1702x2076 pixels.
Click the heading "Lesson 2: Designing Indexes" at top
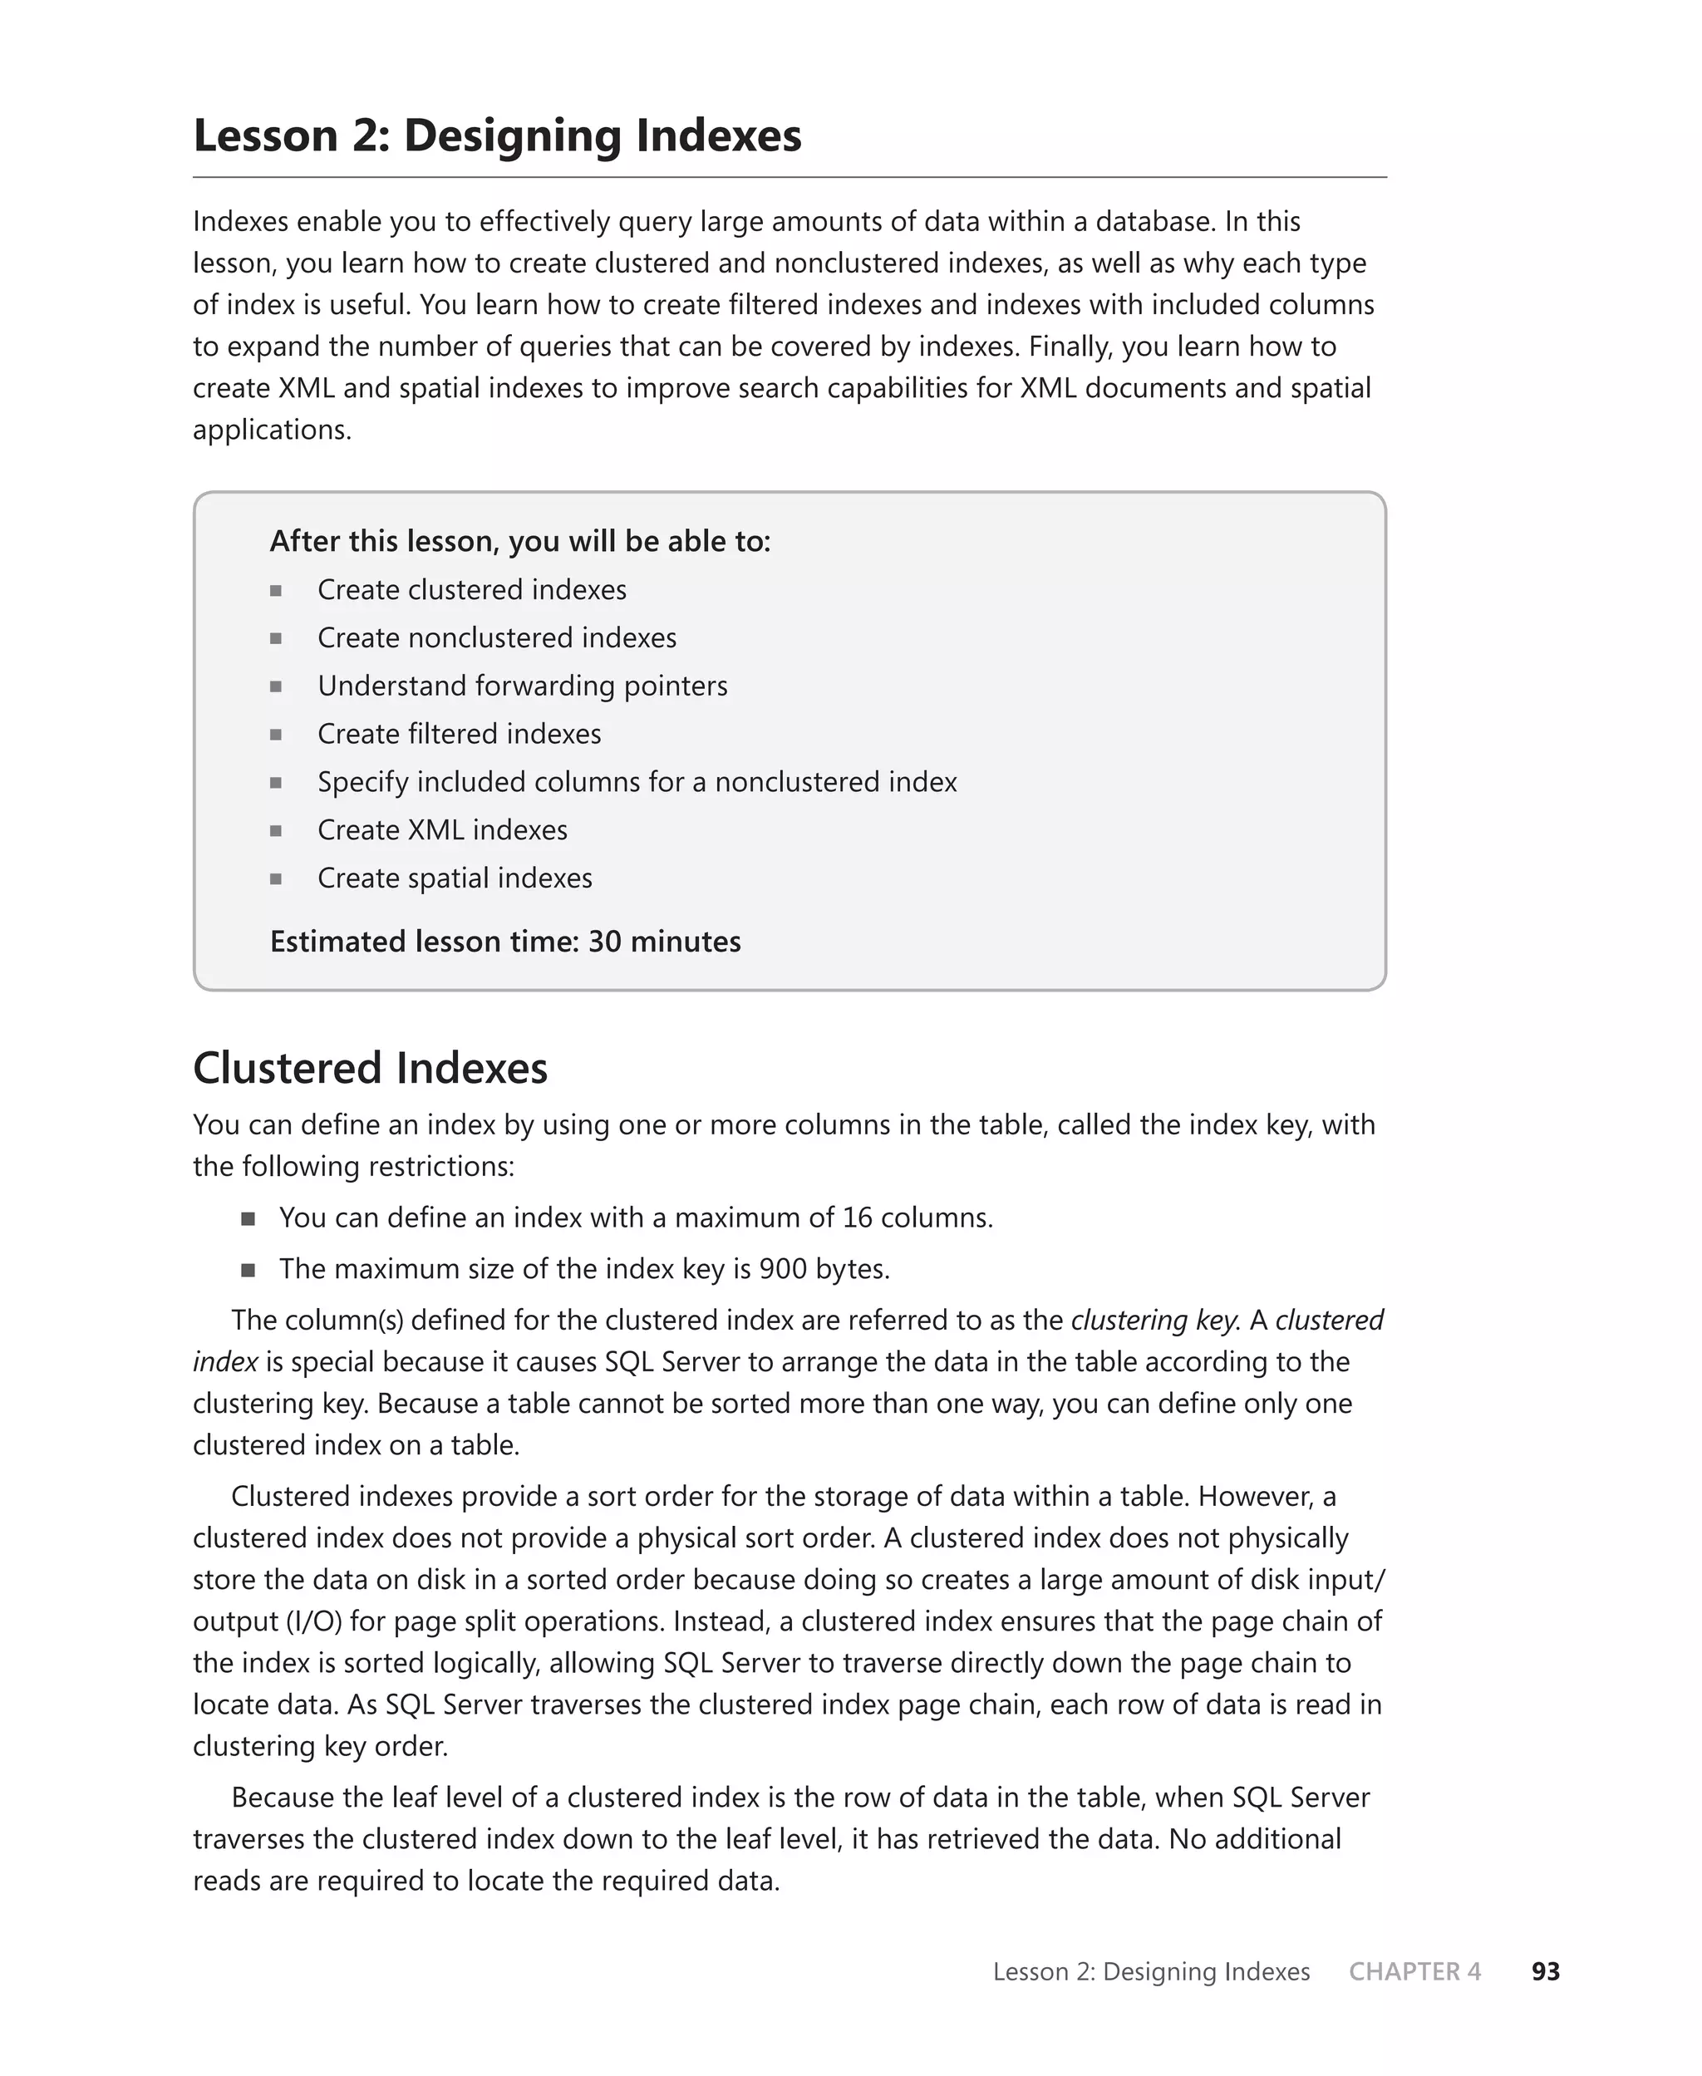pos(497,135)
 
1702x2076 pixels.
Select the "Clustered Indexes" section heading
pos(370,1067)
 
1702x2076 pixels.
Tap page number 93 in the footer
pos(1545,1971)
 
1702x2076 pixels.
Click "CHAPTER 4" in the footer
pos(1414,1971)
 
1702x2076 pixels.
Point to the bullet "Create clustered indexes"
pos(471,589)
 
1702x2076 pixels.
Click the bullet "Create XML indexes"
pos(442,829)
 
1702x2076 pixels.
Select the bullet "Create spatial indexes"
pos(455,878)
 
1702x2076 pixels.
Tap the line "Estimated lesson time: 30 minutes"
pos(505,941)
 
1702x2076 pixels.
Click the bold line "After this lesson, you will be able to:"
pos(519,541)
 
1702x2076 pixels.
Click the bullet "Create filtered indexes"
pos(459,733)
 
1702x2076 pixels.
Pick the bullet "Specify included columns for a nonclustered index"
pos(637,781)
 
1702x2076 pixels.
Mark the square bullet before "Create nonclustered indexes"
pos(277,638)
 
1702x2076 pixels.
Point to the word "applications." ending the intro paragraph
pos(272,430)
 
